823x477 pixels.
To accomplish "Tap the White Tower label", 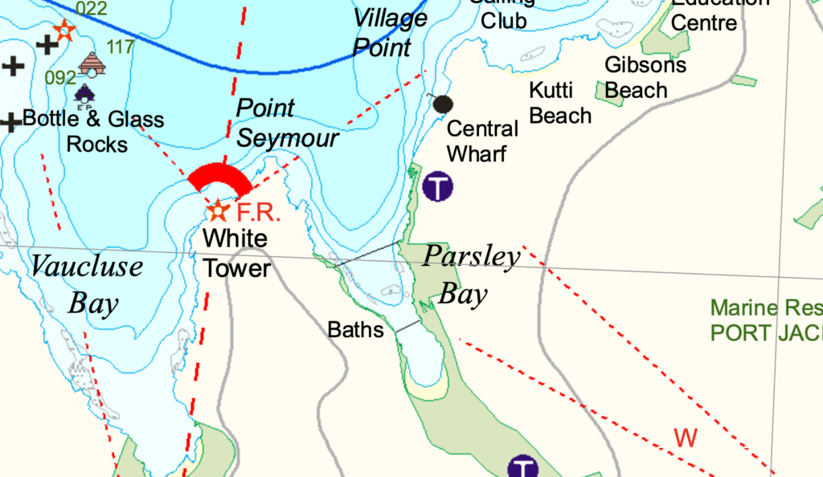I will tap(235, 253).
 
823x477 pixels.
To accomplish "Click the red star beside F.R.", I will tap(218, 211).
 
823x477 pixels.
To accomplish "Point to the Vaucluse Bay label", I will tap(87, 284).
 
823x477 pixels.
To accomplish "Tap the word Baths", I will tap(355, 329).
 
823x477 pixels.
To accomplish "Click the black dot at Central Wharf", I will tap(444, 104).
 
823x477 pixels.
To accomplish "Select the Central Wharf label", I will tap(482, 141).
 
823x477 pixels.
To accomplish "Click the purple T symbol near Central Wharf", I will tap(438, 187).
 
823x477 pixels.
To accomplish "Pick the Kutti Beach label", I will tap(560, 102).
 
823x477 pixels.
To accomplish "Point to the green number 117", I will tap(121, 47).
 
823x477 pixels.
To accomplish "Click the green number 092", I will tap(60, 78).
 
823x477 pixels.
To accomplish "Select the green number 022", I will tap(91, 9).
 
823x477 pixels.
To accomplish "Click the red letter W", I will tap(686, 438).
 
